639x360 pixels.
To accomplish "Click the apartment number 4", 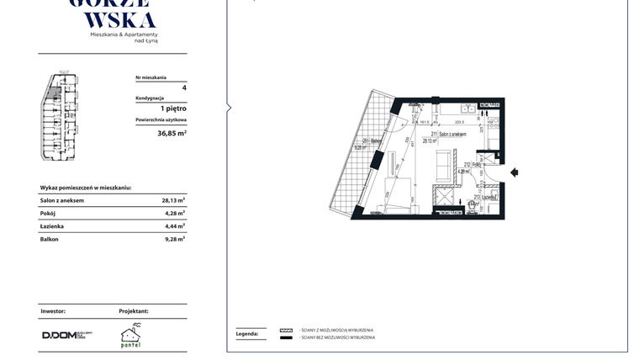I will [x=183, y=87].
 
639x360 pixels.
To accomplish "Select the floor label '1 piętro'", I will [x=173, y=109].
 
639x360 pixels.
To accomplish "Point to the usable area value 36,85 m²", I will [x=172, y=133].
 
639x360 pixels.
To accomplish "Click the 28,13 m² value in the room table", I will [x=173, y=201].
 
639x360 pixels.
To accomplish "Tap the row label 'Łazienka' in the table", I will [x=52, y=226].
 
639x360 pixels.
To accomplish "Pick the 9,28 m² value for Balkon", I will [x=174, y=239].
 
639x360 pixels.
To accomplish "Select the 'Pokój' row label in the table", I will [x=49, y=214].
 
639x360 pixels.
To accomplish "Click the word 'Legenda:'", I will [x=246, y=334].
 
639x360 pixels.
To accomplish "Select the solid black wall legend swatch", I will [x=286, y=337].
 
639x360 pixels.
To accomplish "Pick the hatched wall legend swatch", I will [x=286, y=330].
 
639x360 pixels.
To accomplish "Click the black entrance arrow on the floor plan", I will [x=515, y=172].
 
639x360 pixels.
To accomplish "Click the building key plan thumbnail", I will [x=59, y=117].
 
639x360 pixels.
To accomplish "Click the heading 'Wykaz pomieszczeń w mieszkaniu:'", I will [x=86, y=188].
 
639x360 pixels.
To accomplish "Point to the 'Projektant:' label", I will [x=134, y=311].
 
